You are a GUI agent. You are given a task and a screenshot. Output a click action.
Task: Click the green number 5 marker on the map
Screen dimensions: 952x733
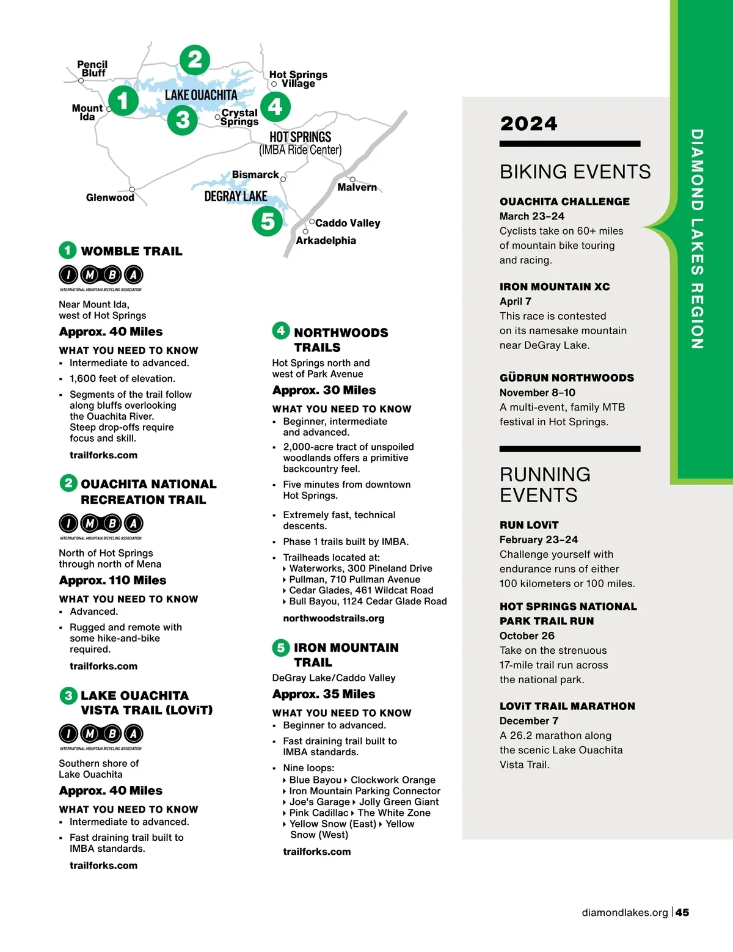tap(268, 221)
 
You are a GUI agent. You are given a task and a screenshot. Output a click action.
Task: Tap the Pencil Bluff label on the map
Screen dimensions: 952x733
tap(92, 68)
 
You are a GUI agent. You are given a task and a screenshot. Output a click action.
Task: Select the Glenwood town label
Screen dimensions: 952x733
tap(110, 197)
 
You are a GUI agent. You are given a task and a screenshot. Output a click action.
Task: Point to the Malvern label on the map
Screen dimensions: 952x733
tap(357, 187)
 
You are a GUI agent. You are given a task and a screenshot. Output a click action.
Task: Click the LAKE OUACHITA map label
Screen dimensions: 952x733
tap(201, 95)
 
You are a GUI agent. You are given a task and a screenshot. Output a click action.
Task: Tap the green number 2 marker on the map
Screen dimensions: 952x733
tap(195, 60)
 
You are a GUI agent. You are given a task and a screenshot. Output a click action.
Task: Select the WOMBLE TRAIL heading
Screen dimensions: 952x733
tap(131, 251)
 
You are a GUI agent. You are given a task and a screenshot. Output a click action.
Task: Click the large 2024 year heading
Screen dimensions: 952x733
tap(528, 123)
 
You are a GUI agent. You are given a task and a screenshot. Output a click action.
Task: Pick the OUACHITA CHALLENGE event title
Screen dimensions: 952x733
tap(564, 202)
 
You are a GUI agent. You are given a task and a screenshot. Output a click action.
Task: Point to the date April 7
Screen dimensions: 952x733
tap(515, 301)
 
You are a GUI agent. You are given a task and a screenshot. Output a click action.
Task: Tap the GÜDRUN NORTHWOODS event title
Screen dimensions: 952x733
tap(566, 378)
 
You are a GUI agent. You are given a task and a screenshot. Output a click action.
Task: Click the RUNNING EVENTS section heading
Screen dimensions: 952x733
tap(545, 485)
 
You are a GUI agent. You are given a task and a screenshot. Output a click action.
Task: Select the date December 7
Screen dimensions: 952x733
tap(528, 721)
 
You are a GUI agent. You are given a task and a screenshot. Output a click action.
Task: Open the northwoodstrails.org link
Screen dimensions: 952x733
tap(334, 618)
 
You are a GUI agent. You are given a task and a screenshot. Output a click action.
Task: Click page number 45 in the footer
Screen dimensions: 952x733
tap(682, 912)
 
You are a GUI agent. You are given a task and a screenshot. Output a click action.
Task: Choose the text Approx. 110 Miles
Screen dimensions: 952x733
tap(112, 580)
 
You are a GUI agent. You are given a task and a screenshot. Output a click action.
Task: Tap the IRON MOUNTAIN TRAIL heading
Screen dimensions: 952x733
tap(346, 654)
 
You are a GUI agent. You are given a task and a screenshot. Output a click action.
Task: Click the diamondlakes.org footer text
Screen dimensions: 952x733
tap(624, 912)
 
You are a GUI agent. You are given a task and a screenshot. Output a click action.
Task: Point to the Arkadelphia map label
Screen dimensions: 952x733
tap(326, 240)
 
